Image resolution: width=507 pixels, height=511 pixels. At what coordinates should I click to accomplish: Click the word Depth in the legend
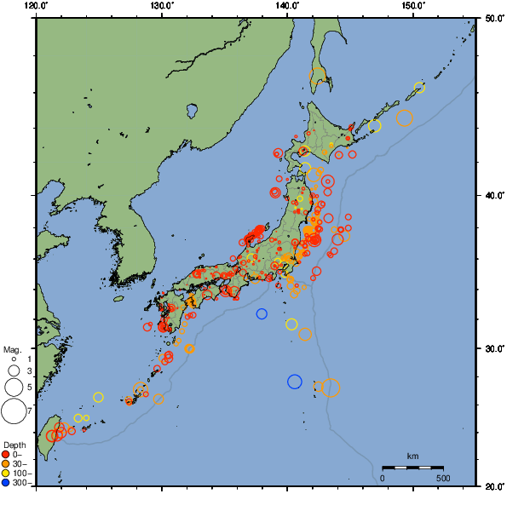[x=14, y=445]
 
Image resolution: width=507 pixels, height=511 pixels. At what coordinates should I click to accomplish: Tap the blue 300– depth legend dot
[x=6, y=483]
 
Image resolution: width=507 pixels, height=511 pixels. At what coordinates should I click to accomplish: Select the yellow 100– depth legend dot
[x=6, y=473]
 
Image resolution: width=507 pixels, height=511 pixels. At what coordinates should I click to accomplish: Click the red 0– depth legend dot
[x=6, y=454]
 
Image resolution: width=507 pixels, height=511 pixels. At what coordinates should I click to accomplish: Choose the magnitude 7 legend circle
[x=13, y=411]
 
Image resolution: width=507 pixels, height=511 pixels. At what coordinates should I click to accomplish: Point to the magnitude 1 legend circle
[x=13, y=359]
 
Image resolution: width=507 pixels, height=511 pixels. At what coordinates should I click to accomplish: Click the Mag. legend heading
[x=12, y=349]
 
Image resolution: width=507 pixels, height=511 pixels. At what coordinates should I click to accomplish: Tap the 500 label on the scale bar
[x=443, y=478]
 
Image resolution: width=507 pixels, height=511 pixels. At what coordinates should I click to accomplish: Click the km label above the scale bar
[x=412, y=456]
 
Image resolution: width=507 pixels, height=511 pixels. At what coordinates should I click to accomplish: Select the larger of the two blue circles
[x=295, y=382]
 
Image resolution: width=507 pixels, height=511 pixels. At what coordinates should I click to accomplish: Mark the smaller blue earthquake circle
[x=262, y=313]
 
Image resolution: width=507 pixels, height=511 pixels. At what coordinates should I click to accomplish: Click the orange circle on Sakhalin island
[x=317, y=74]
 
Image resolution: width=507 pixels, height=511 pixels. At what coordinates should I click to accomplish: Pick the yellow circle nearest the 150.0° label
[x=419, y=87]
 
